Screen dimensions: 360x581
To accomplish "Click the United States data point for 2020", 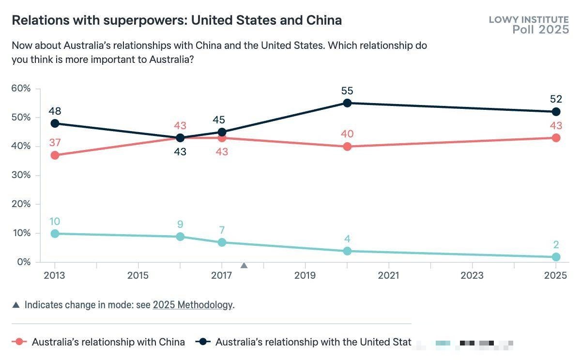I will click(x=347, y=103).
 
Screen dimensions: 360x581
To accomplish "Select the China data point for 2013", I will click(x=55, y=155).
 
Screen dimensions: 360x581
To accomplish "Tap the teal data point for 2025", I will click(x=556, y=257).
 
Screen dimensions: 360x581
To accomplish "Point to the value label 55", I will click(x=347, y=90).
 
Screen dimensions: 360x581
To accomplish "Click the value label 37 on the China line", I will click(x=55, y=143).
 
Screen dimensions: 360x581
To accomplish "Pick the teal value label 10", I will click(x=55, y=221).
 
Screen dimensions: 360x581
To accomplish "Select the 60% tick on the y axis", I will click(x=21, y=89).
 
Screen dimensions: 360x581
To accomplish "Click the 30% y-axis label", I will click(x=21, y=175).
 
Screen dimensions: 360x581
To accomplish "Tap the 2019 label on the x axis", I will click(x=305, y=276).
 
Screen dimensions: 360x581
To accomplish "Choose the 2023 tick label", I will click(x=472, y=276).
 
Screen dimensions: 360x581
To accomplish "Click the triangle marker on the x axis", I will click(x=244, y=265).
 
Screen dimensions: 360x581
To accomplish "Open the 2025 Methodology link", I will click(x=193, y=305).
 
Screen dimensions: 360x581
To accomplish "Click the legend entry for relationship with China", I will click(x=108, y=342).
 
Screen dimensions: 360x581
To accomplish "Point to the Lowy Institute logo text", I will click(x=529, y=20).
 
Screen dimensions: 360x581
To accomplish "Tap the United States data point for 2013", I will click(x=55, y=123).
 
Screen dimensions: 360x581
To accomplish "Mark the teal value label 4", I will click(x=347, y=239).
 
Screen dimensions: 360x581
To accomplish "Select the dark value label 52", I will click(x=556, y=99).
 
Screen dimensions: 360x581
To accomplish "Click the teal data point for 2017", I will click(x=222, y=242).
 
